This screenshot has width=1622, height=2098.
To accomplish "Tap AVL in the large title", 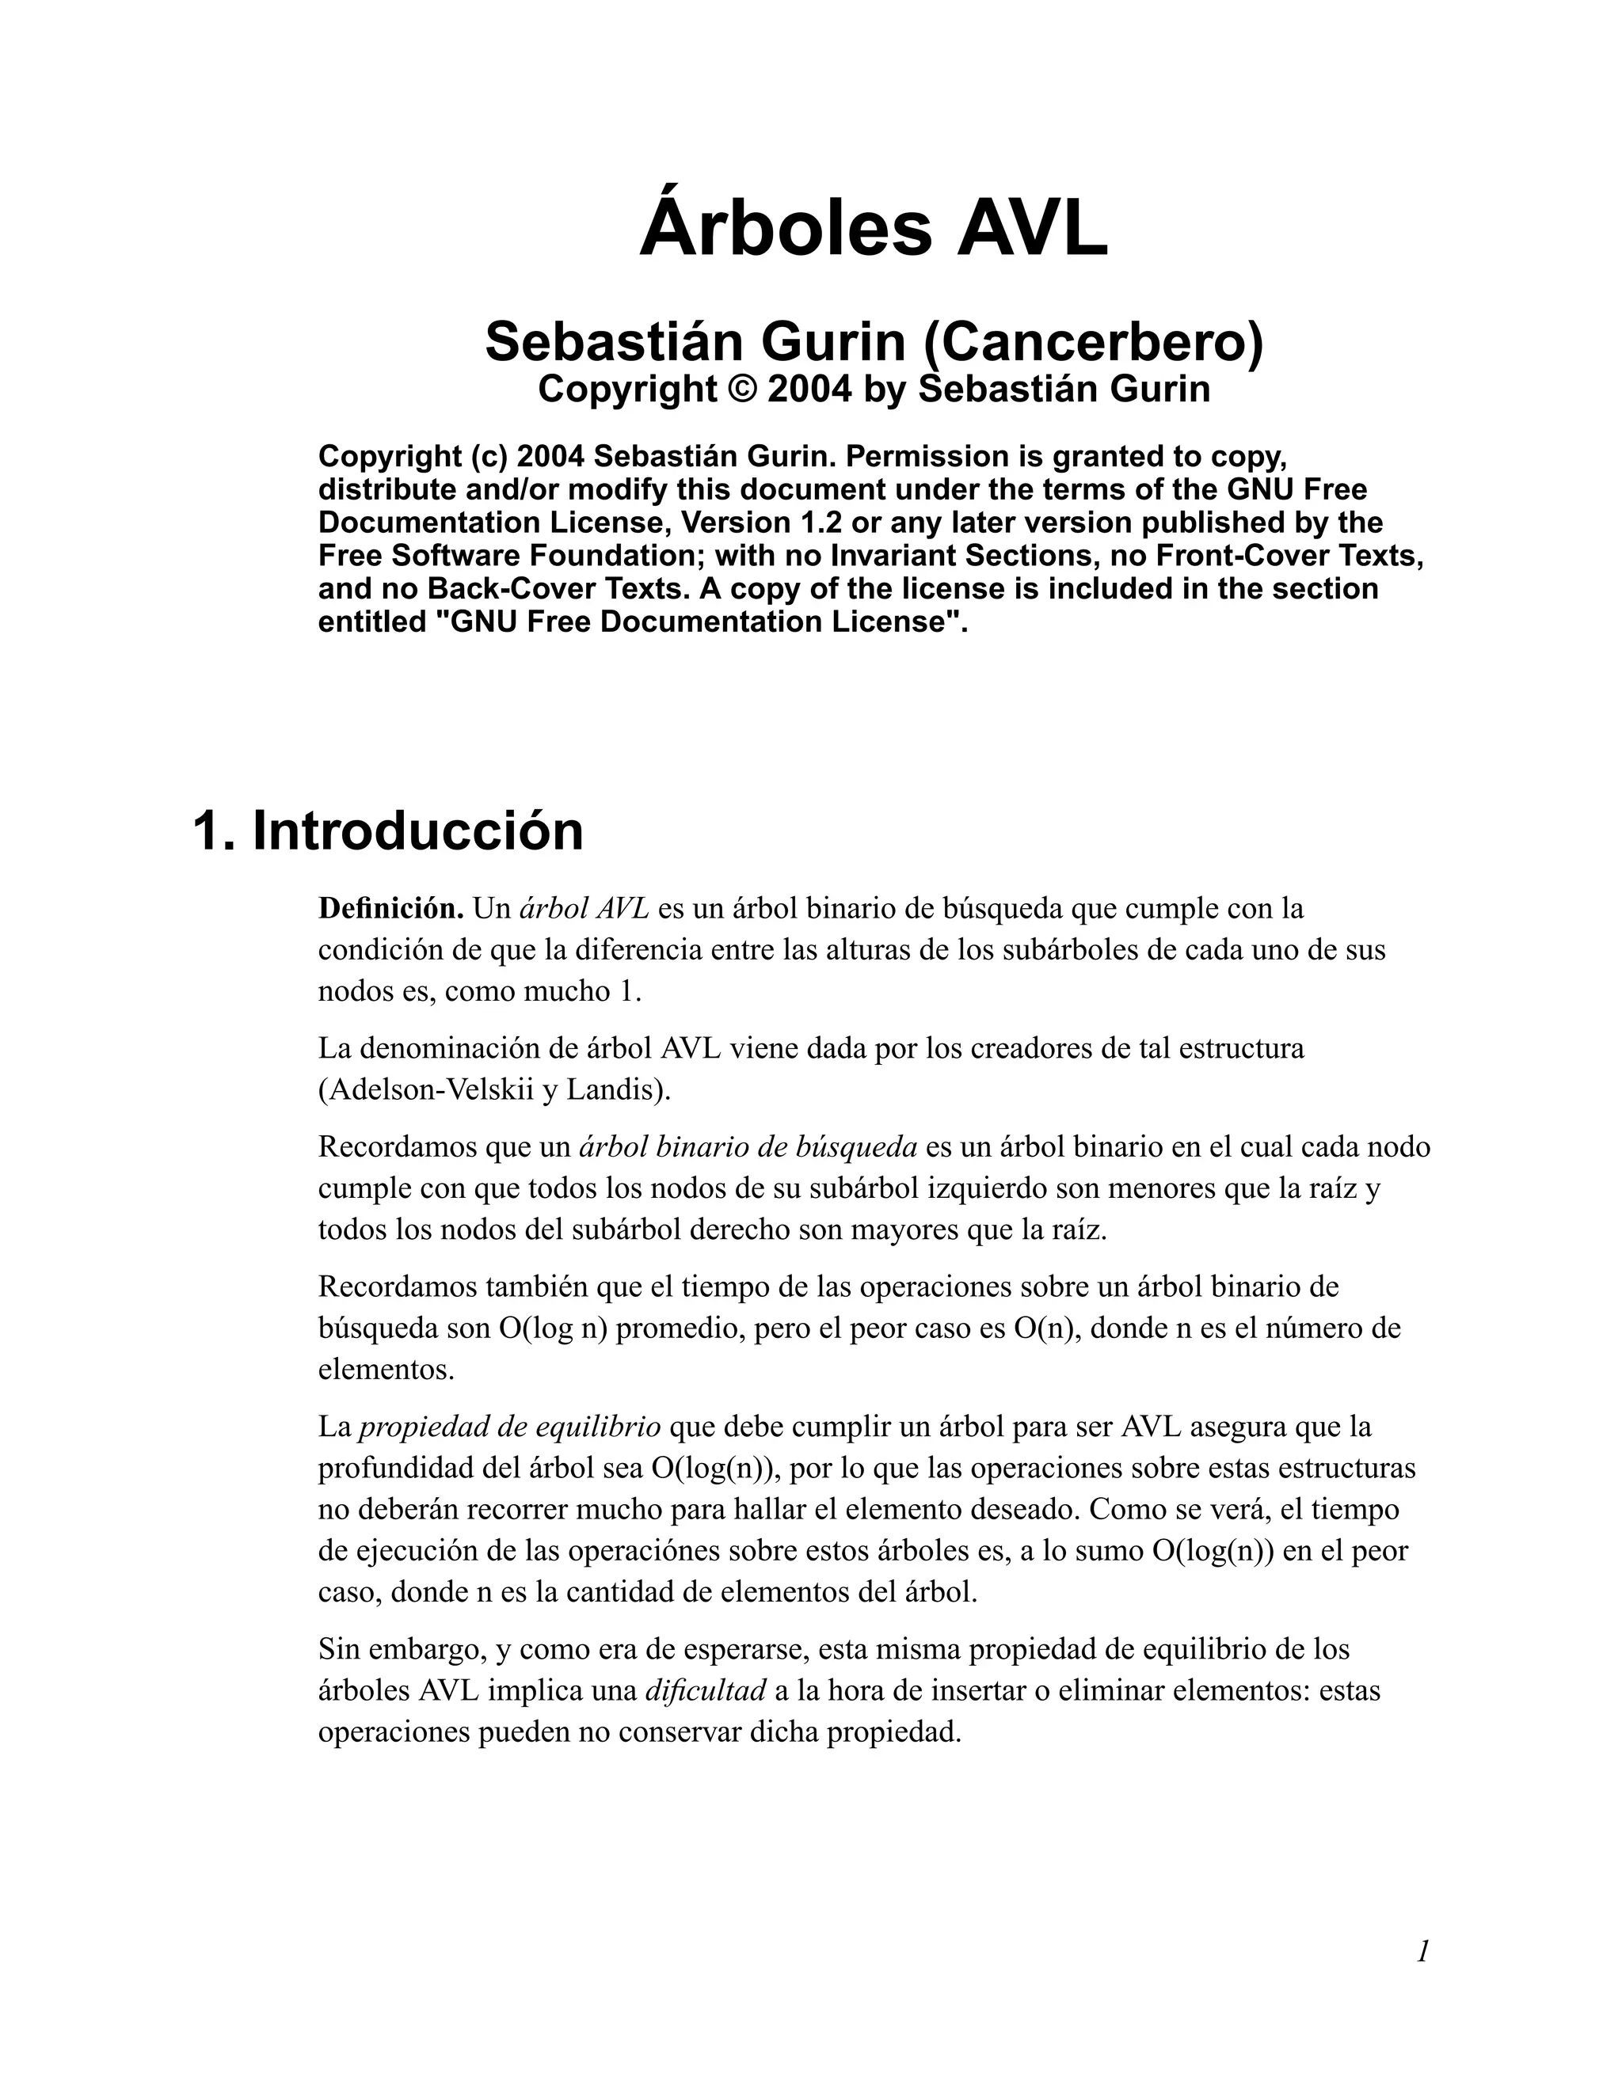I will point(1031,229).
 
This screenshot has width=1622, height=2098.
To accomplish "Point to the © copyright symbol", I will point(742,389).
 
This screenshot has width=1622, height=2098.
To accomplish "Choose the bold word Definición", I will point(391,908).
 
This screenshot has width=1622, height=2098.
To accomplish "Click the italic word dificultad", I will point(706,1689).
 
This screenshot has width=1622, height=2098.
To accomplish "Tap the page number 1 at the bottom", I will point(1423,1951).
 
